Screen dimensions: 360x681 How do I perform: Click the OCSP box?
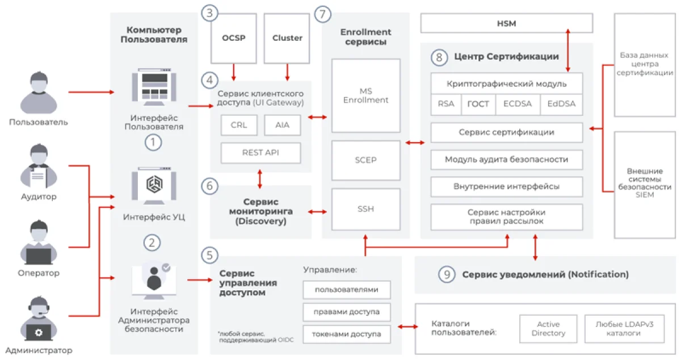tap(233, 39)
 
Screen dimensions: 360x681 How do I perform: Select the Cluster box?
tap(287, 39)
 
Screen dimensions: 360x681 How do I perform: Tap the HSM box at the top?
tap(506, 23)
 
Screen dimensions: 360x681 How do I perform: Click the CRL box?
tap(238, 125)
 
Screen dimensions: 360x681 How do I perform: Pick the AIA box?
tap(282, 125)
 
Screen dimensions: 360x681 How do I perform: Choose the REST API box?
tap(260, 152)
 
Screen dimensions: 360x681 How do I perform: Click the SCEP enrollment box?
tap(365, 160)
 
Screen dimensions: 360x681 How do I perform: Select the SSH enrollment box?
tap(365, 209)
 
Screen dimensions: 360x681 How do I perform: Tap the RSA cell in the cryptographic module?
tap(446, 104)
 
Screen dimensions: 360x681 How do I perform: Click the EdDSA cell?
tap(561, 104)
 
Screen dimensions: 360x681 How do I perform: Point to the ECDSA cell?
tap(518, 104)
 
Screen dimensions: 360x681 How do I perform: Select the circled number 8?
tap(439, 57)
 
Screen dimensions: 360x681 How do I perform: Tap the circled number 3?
tap(211, 14)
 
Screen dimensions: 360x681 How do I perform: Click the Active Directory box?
tap(548, 329)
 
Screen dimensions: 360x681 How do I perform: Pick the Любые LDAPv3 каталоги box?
tap(624, 329)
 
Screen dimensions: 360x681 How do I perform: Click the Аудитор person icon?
tap(37, 165)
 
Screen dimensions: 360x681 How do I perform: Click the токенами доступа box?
tap(347, 333)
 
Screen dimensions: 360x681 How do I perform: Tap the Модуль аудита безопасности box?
tap(506, 160)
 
